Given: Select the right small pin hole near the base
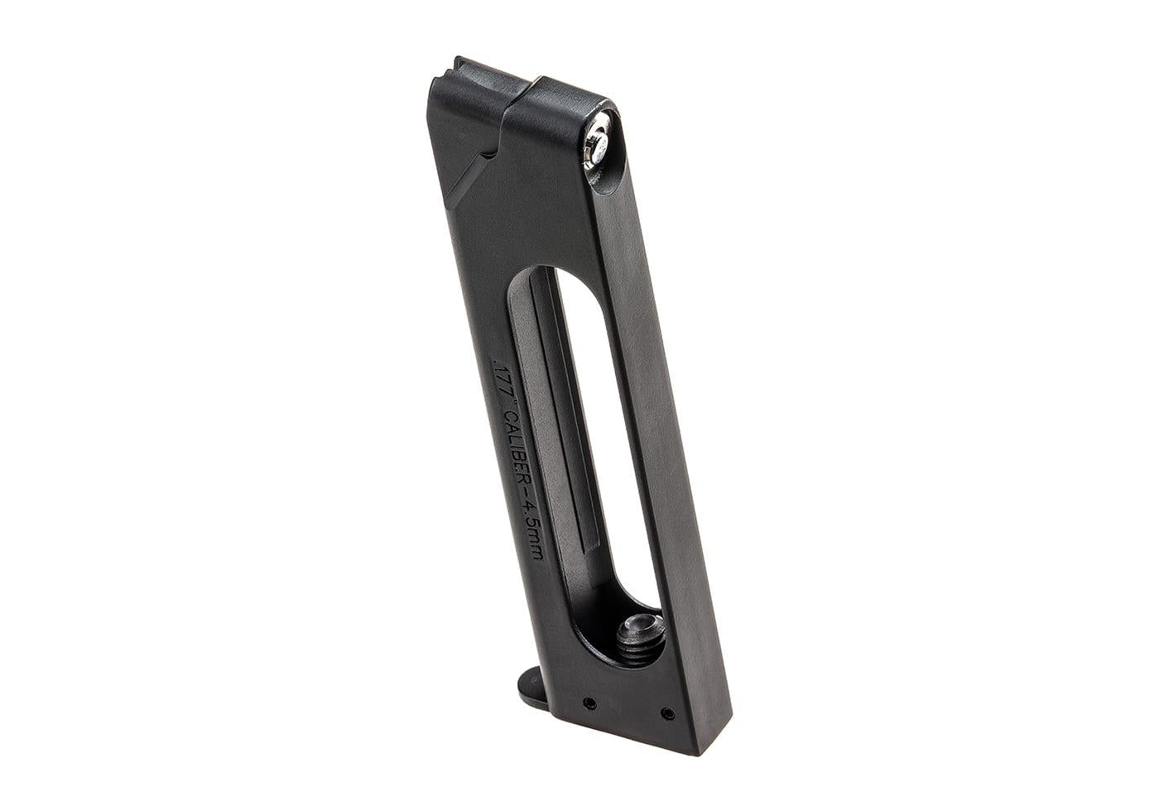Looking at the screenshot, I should tap(666, 711).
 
